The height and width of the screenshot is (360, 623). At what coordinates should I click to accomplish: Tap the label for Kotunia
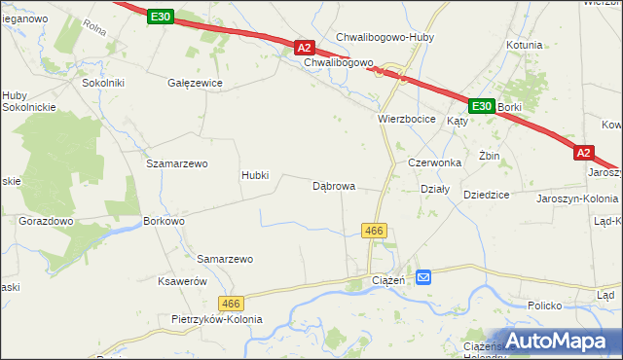524,45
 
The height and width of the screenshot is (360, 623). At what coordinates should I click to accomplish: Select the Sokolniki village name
103,83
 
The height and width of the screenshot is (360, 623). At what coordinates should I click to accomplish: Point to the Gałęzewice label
196,83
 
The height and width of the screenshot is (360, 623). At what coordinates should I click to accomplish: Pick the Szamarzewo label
177,163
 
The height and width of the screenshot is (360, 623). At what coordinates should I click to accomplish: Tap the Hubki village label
261,176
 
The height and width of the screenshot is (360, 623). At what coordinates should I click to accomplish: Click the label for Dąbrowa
334,185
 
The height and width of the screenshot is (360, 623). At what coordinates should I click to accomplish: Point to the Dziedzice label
487,195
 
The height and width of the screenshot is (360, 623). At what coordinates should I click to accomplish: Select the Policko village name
545,306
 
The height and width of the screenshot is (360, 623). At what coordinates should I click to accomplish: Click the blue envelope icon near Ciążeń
424,278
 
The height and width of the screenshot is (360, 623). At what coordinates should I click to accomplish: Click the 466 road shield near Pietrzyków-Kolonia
230,305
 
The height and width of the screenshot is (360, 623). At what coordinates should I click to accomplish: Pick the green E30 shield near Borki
481,105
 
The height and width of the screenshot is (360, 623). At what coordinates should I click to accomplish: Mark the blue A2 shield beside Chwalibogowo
304,47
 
